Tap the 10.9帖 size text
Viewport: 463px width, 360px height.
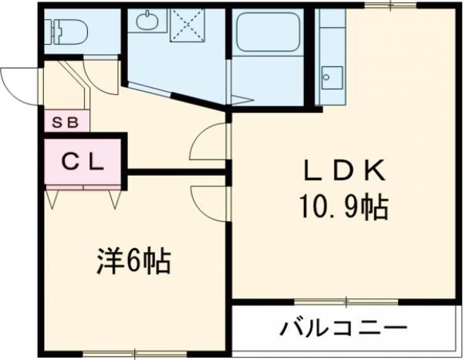pos(343,206)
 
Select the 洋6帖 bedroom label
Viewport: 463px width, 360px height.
pos(133,261)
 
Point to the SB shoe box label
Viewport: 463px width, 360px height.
pos(65,121)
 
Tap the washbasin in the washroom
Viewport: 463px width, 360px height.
pos(146,22)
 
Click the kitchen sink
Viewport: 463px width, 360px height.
pos(333,76)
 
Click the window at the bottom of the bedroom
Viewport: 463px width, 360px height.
pos(116,353)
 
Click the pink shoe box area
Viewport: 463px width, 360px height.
pos(66,121)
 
